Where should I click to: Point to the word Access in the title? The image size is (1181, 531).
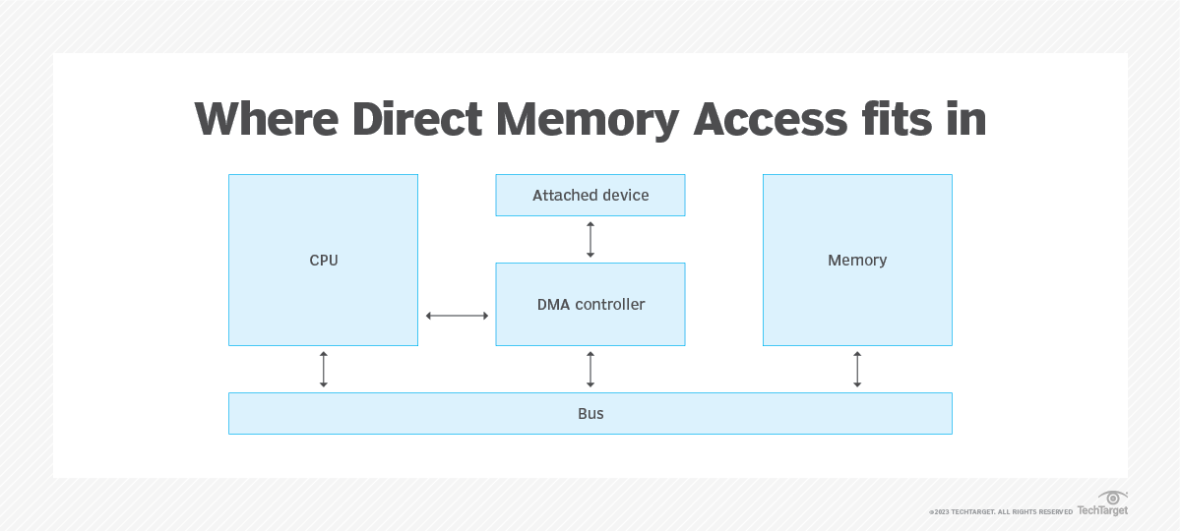[x=770, y=120]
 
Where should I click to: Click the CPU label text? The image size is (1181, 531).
[x=323, y=261]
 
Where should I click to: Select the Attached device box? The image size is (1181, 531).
[x=590, y=195]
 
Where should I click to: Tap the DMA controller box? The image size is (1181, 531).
[x=590, y=304]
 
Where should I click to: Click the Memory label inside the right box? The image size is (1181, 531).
[x=857, y=261]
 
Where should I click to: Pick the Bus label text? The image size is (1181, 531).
[x=590, y=413]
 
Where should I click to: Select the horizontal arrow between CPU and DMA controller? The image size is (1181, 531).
[x=457, y=316]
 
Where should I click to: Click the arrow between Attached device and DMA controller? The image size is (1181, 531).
[x=590, y=240]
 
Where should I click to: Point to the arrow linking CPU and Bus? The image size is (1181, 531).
[x=323, y=369]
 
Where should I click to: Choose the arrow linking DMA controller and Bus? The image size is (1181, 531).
[x=590, y=369]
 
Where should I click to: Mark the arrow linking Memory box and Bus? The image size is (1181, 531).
[x=857, y=369]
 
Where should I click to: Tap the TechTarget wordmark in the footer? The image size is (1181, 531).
[x=1101, y=510]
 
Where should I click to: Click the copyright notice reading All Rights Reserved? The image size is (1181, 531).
[x=1001, y=512]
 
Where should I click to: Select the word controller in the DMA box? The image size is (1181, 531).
[x=610, y=305]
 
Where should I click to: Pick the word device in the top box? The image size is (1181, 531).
[x=626, y=195]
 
